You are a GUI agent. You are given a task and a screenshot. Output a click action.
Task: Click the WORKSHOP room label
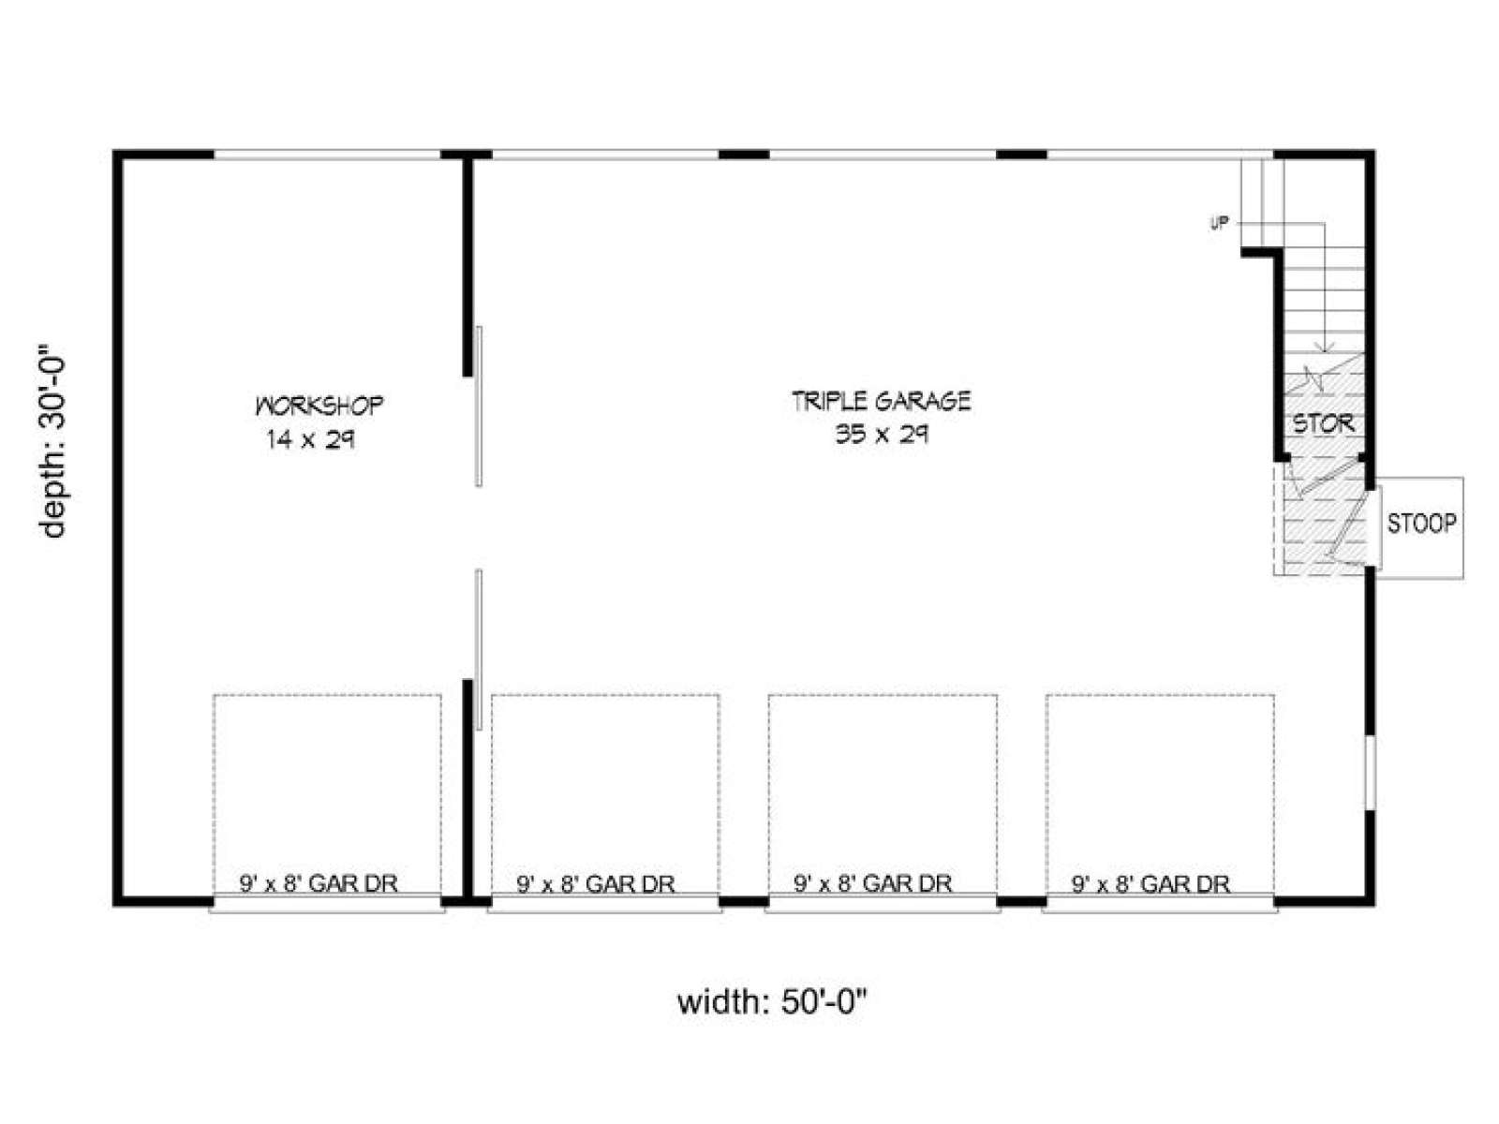(x=319, y=407)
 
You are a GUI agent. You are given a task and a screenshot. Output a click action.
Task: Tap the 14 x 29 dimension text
(x=311, y=440)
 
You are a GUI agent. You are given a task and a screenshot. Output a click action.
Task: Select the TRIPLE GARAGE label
(x=881, y=401)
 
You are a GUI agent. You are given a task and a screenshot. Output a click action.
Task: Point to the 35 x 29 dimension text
(x=882, y=434)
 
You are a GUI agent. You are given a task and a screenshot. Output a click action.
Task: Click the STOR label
(x=1324, y=424)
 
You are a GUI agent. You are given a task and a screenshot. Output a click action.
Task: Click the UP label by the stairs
(x=1219, y=223)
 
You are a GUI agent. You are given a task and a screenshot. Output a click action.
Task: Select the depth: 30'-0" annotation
(x=52, y=446)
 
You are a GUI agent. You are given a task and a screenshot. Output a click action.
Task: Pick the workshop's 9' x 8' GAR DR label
(x=319, y=884)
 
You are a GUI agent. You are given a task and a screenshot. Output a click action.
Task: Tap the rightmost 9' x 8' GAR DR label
(x=1150, y=884)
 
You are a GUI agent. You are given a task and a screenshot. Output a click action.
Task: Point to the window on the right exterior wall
(x=1370, y=773)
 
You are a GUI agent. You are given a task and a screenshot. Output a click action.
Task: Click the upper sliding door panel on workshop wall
(x=479, y=407)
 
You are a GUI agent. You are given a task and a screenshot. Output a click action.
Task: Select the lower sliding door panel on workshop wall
(x=479, y=650)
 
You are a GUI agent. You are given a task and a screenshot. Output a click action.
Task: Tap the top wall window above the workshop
(x=327, y=155)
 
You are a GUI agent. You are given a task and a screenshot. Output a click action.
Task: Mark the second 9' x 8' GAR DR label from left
(x=596, y=884)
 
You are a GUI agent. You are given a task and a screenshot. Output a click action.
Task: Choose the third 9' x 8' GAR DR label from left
(x=873, y=884)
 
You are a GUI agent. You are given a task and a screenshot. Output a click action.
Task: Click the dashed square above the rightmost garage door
(x=1160, y=695)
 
